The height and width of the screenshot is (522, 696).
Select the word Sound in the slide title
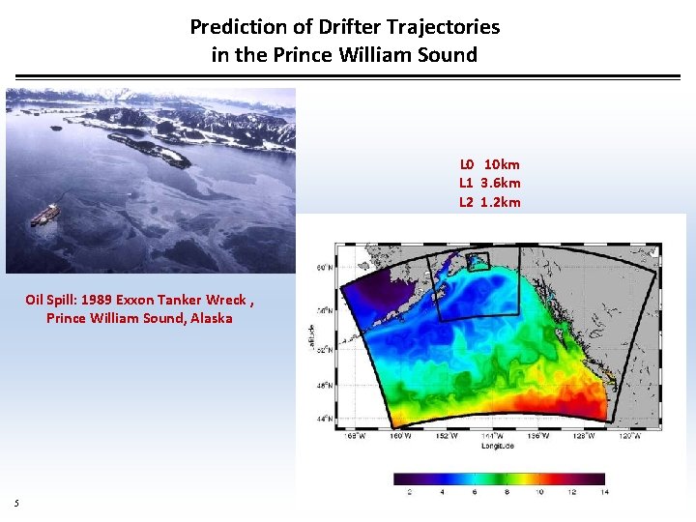pyautogui.click(x=446, y=55)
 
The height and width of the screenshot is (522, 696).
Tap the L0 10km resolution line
pyautogui.click(x=489, y=164)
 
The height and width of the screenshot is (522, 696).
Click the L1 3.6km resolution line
pyautogui.click(x=489, y=183)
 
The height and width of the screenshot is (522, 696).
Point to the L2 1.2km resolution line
pyautogui.click(x=489, y=202)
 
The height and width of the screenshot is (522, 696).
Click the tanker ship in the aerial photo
pyautogui.click(x=45, y=216)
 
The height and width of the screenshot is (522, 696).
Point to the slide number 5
pyautogui.click(x=16, y=502)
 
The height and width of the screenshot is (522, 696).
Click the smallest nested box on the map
pyautogui.click(x=478, y=261)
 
